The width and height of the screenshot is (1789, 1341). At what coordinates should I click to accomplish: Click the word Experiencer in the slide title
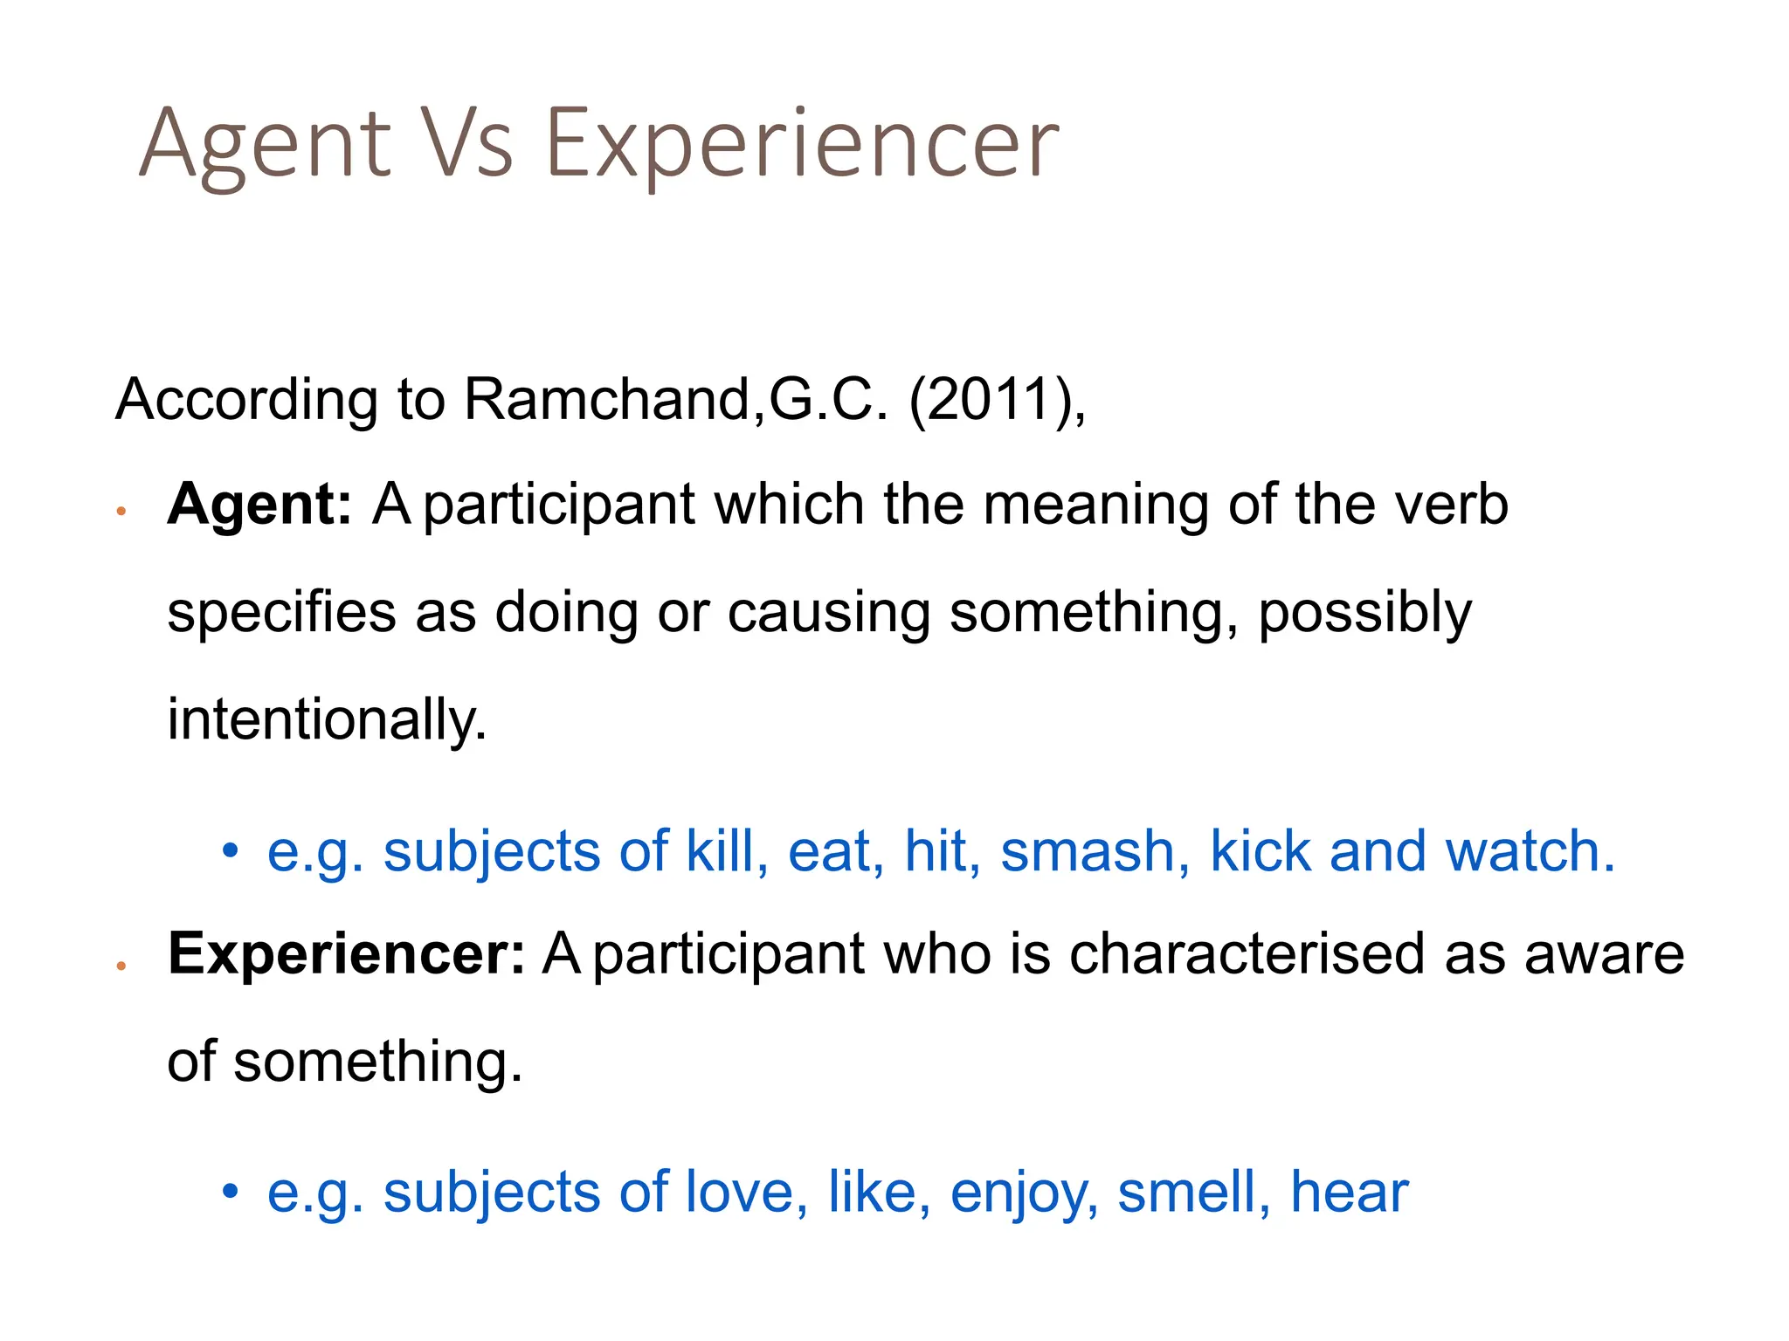point(802,145)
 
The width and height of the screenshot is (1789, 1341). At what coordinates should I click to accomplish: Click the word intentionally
point(327,720)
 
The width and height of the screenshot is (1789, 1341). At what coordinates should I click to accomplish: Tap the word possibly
point(1365,614)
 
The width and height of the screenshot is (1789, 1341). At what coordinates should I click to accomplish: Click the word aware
point(1604,955)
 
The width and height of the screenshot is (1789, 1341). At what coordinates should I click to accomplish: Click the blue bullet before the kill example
point(230,849)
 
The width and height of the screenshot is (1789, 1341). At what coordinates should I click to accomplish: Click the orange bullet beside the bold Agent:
point(122,512)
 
